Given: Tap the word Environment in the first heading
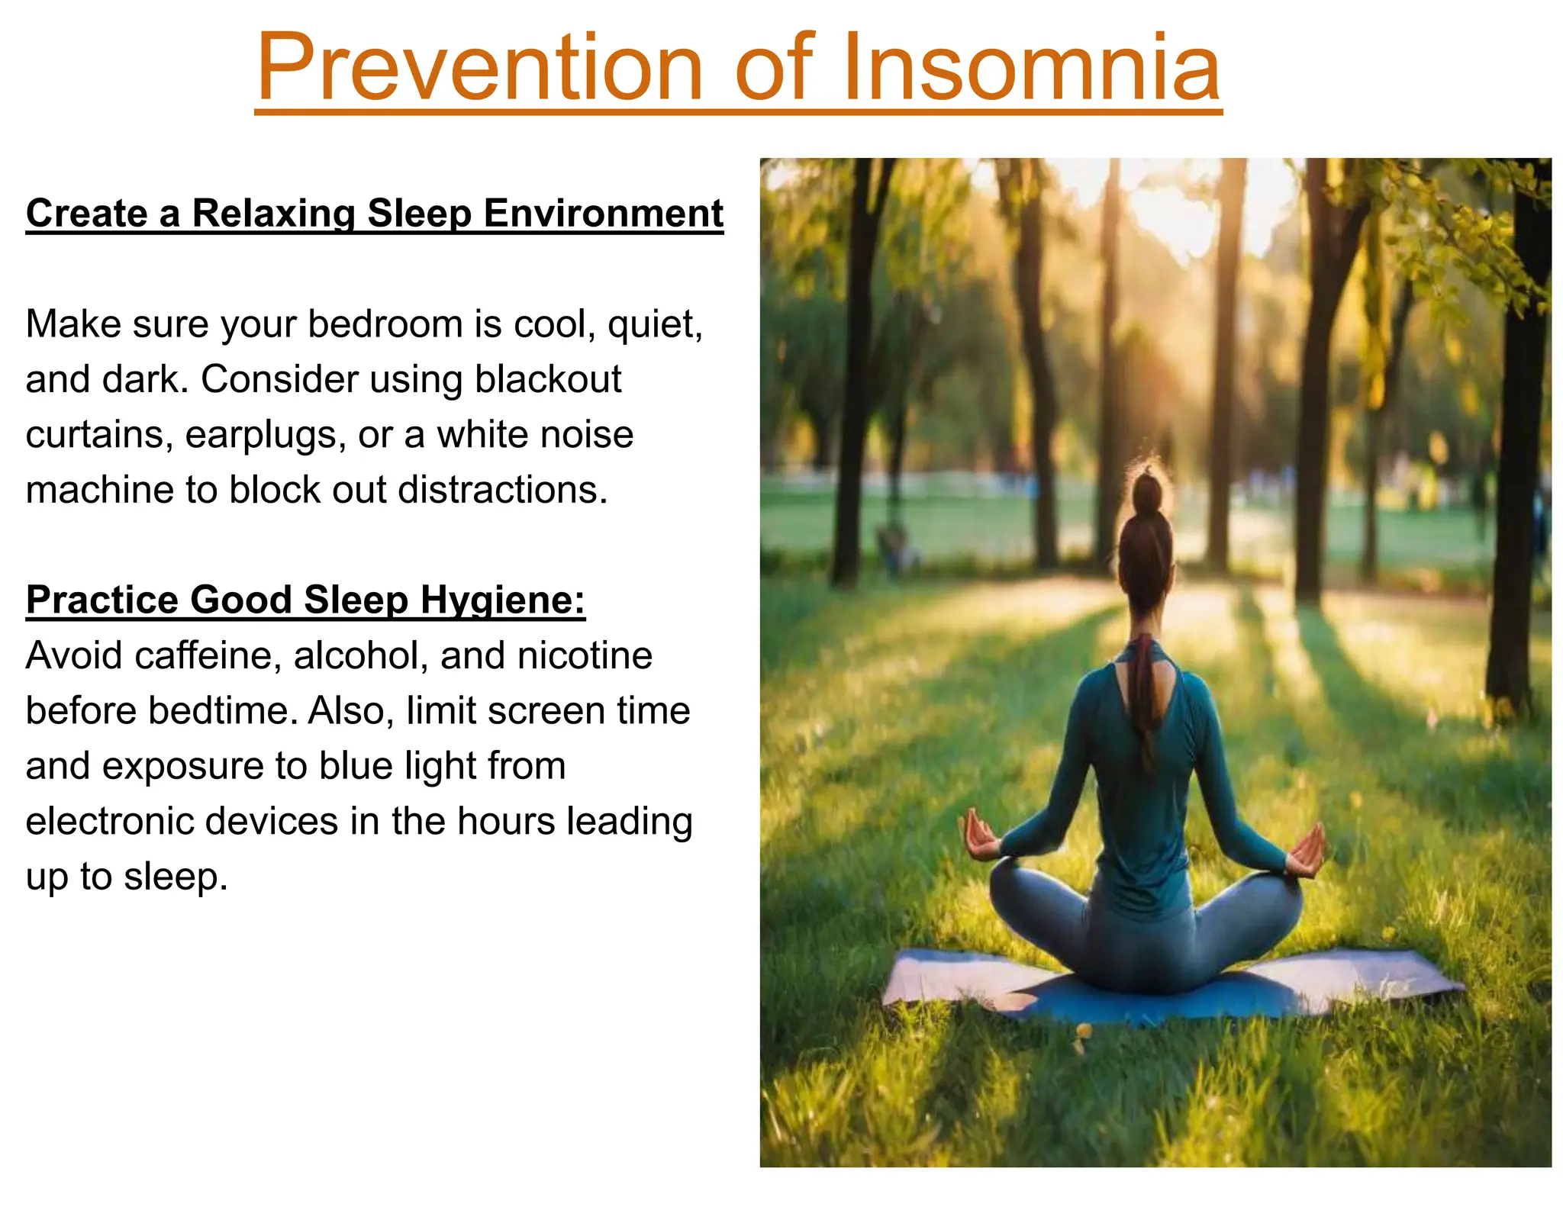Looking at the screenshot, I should [x=603, y=213].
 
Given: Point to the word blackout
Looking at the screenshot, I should [x=548, y=379].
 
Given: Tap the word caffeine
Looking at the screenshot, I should [x=204, y=655].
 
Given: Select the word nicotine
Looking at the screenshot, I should [x=584, y=655].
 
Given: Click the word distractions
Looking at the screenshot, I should [x=503, y=490].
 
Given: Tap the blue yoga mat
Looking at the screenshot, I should [x=1168, y=996].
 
